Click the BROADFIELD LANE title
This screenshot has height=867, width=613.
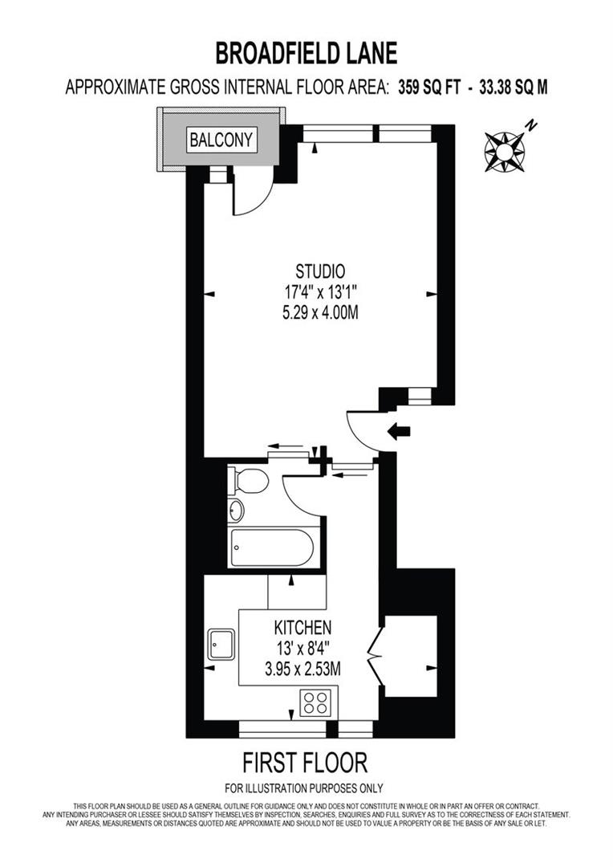click(306, 53)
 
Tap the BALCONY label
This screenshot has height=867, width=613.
click(221, 140)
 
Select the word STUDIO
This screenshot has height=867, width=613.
click(320, 271)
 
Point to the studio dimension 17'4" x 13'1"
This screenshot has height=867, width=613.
click(320, 292)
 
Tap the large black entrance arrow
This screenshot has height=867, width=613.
click(399, 432)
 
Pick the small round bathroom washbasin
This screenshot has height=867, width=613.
click(236, 510)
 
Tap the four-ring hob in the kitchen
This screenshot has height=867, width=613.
click(315, 703)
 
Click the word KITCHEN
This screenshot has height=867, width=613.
click(303, 627)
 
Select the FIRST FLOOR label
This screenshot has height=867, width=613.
click(305, 761)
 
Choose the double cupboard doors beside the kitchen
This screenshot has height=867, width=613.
click(375, 657)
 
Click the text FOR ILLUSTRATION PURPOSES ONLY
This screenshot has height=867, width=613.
click(304, 788)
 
